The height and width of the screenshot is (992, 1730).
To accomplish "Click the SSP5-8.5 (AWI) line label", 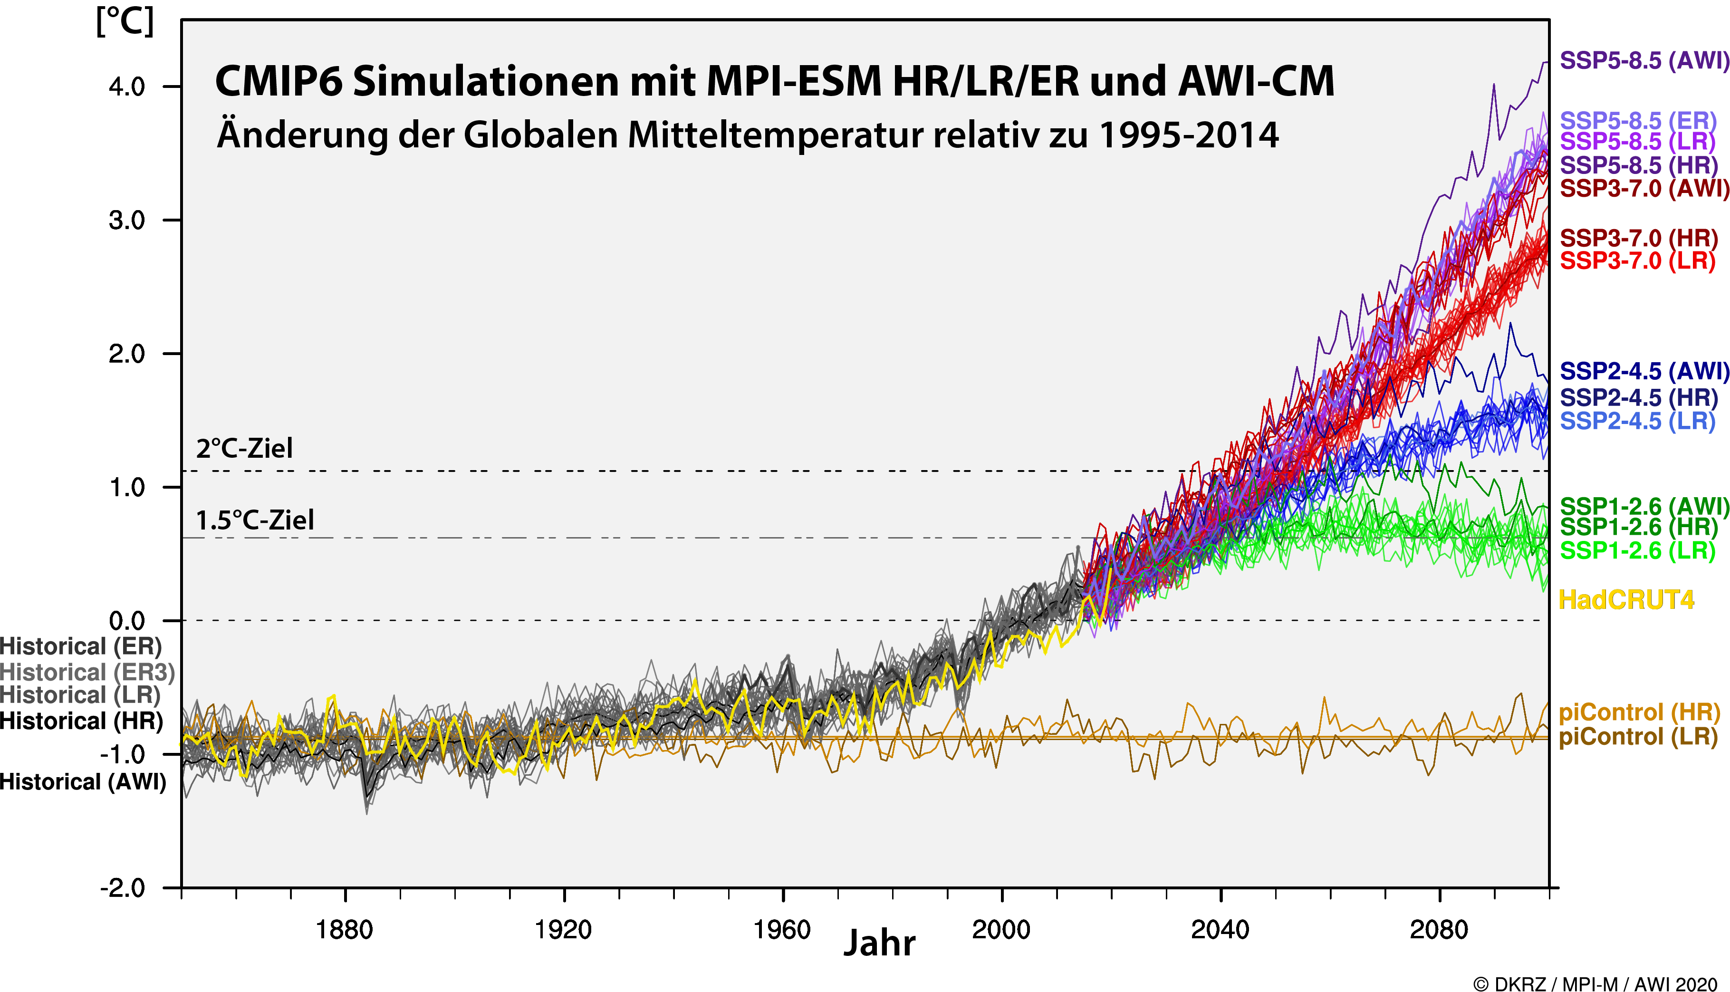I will (x=1643, y=61).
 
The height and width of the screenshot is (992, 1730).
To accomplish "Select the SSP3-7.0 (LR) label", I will (x=1637, y=260).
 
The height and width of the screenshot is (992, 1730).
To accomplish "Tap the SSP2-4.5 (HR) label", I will (x=1638, y=397).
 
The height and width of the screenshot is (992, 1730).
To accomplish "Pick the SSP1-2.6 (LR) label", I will (x=1637, y=550).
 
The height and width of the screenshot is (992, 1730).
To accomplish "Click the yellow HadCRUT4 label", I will (x=1626, y=600).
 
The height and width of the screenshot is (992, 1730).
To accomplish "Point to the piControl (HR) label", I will (x=1639, y=713).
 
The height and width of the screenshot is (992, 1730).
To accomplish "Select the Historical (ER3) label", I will (x=87, y=673).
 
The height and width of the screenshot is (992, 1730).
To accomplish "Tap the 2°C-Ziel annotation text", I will (x=244, y=448).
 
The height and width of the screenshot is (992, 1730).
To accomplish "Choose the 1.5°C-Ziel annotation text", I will (x=255, y=520).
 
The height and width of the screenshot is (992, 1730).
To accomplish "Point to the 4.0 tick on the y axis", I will (x=127, y=87).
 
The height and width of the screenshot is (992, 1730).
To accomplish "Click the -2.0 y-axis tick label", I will (x=123, y=888).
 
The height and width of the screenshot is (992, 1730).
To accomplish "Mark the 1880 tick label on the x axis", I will (x=345, y=929).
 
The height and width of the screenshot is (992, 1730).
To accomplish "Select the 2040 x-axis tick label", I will (x=1220, y=929).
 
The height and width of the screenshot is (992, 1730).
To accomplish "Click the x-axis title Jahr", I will (x=879, y=944).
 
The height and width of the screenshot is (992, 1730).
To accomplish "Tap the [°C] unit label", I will (x=125, y=22).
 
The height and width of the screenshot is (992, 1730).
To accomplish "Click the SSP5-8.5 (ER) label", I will (x=1637, y=121).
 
